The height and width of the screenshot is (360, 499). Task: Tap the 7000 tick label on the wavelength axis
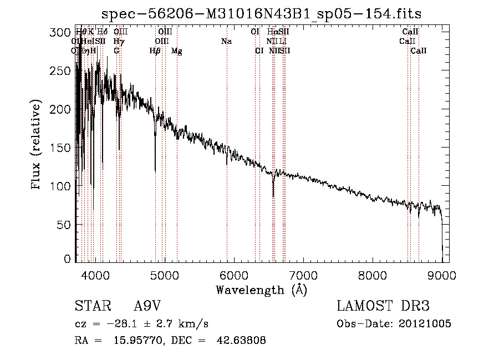[303, 275]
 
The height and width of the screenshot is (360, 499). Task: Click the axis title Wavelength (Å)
[261, 290]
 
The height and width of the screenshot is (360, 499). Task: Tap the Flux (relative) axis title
[37, 145]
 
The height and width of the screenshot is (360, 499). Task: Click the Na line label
[226, 42]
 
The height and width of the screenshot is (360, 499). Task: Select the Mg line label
[177, 51]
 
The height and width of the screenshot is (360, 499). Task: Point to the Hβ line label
[155, 51]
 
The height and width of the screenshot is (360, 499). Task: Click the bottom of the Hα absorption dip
[273, 196]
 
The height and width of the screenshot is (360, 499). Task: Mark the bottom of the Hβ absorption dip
[155, 170]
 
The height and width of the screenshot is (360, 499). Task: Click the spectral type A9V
[149, 307]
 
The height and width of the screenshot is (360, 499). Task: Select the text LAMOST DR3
[383, 307]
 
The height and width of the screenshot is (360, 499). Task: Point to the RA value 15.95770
[142, 341]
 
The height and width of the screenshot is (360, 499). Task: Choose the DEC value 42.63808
[242, 341]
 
